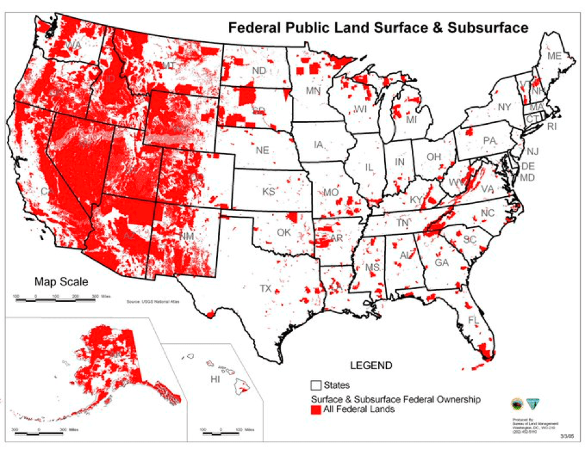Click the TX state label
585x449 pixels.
click(265, 288)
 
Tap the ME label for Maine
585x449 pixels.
click(554, 56)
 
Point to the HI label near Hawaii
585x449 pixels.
click(215, 379)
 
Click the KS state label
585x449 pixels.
click(268, 191)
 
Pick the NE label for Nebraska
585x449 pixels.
click(262, 149)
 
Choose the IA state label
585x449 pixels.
click(318, 145)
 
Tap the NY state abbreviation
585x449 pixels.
click(504, 107)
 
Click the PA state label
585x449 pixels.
click(490, 141)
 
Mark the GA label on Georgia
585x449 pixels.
click(442, 262)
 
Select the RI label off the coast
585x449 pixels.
click(551, 127)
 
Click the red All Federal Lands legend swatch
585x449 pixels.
click(316, 409)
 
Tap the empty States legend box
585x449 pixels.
click(316, 385)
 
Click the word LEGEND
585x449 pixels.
click(371, 365)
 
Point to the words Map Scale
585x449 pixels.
click(61, 282)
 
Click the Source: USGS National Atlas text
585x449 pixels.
click(150, 302)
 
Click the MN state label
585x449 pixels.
click(315, 91)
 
